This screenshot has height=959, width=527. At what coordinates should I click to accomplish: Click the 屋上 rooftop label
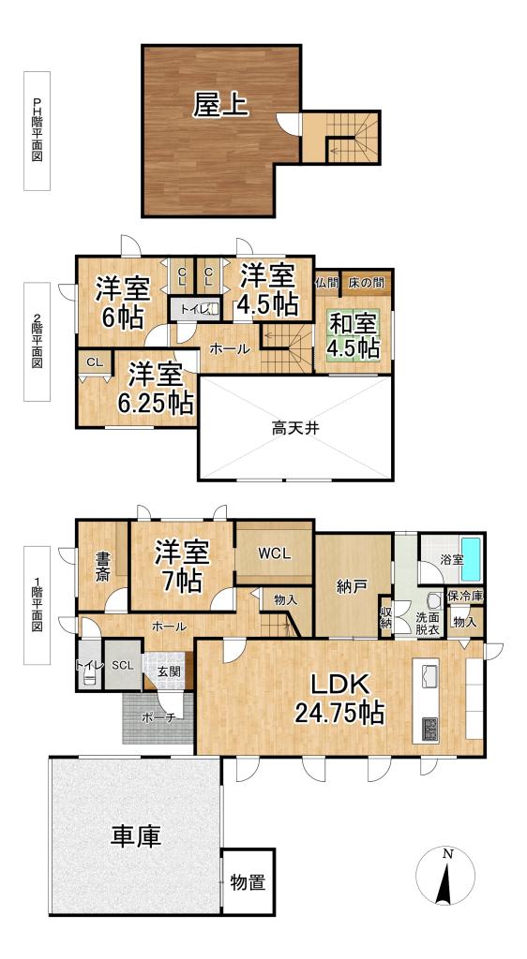pyautogui.click(x=221, y=105)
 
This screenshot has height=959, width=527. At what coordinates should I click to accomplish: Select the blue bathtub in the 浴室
pyautogui.click(x=471, y=559)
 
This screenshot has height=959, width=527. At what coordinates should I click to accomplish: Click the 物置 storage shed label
pyautogui.click(x=248, y=881)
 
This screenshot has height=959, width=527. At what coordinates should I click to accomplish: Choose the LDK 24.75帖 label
pyautogui.click(x=339, y=698)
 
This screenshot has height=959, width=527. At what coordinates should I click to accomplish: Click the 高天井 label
pyautogui.click(x=293, y=430)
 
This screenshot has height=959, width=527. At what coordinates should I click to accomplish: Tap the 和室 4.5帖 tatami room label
pyautogui.click(x=353, y=335)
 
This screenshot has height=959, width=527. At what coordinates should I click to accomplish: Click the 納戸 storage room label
pyautogui.click(x=352, y=587)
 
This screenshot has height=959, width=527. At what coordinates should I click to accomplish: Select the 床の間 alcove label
pyautogui.click(x=367, y=281)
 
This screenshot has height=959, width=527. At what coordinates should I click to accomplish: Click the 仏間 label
pyautogui.click(x=326, y=281)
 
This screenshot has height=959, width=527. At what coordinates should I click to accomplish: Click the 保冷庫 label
pyautogui.click(x=464, y=596)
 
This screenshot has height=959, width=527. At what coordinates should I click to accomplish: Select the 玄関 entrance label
pyautogui.click(x=169, y=671)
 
